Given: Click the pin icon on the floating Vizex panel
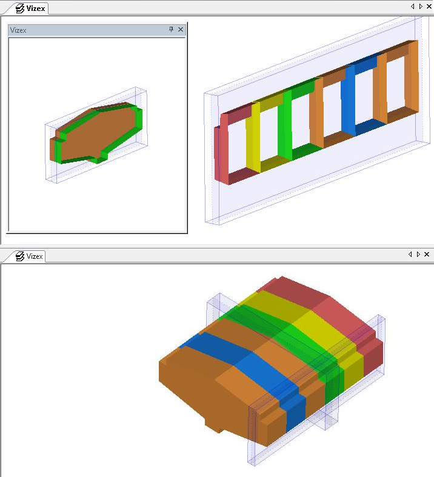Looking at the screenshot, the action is pos(171,29).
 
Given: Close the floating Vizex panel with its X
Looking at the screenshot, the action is pos(181,29).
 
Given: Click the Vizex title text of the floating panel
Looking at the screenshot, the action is pos(18,30).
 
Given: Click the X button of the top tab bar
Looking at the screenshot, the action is pos(429,7).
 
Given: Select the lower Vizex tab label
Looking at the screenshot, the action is pos(35,256).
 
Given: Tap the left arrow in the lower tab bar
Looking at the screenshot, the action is pos(410,254).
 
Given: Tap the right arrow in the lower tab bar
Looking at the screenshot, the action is pos(418,254).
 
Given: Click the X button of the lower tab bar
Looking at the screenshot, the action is pos(427,254).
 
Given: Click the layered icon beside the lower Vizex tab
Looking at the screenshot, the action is pos(20,256).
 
